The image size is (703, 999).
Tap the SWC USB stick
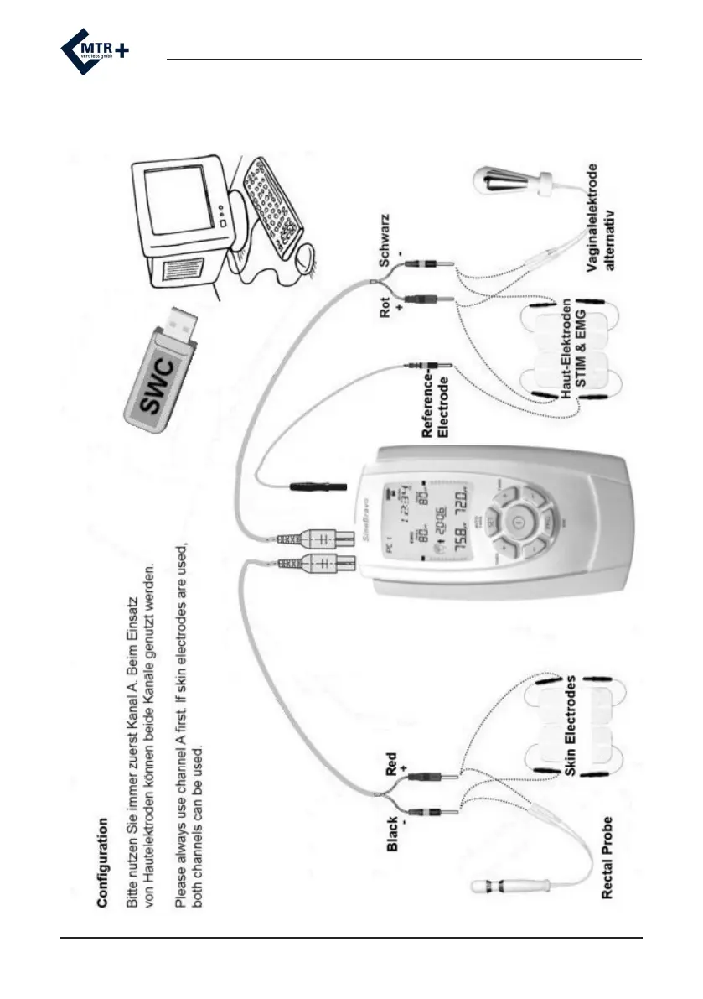(x=163, y=369)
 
